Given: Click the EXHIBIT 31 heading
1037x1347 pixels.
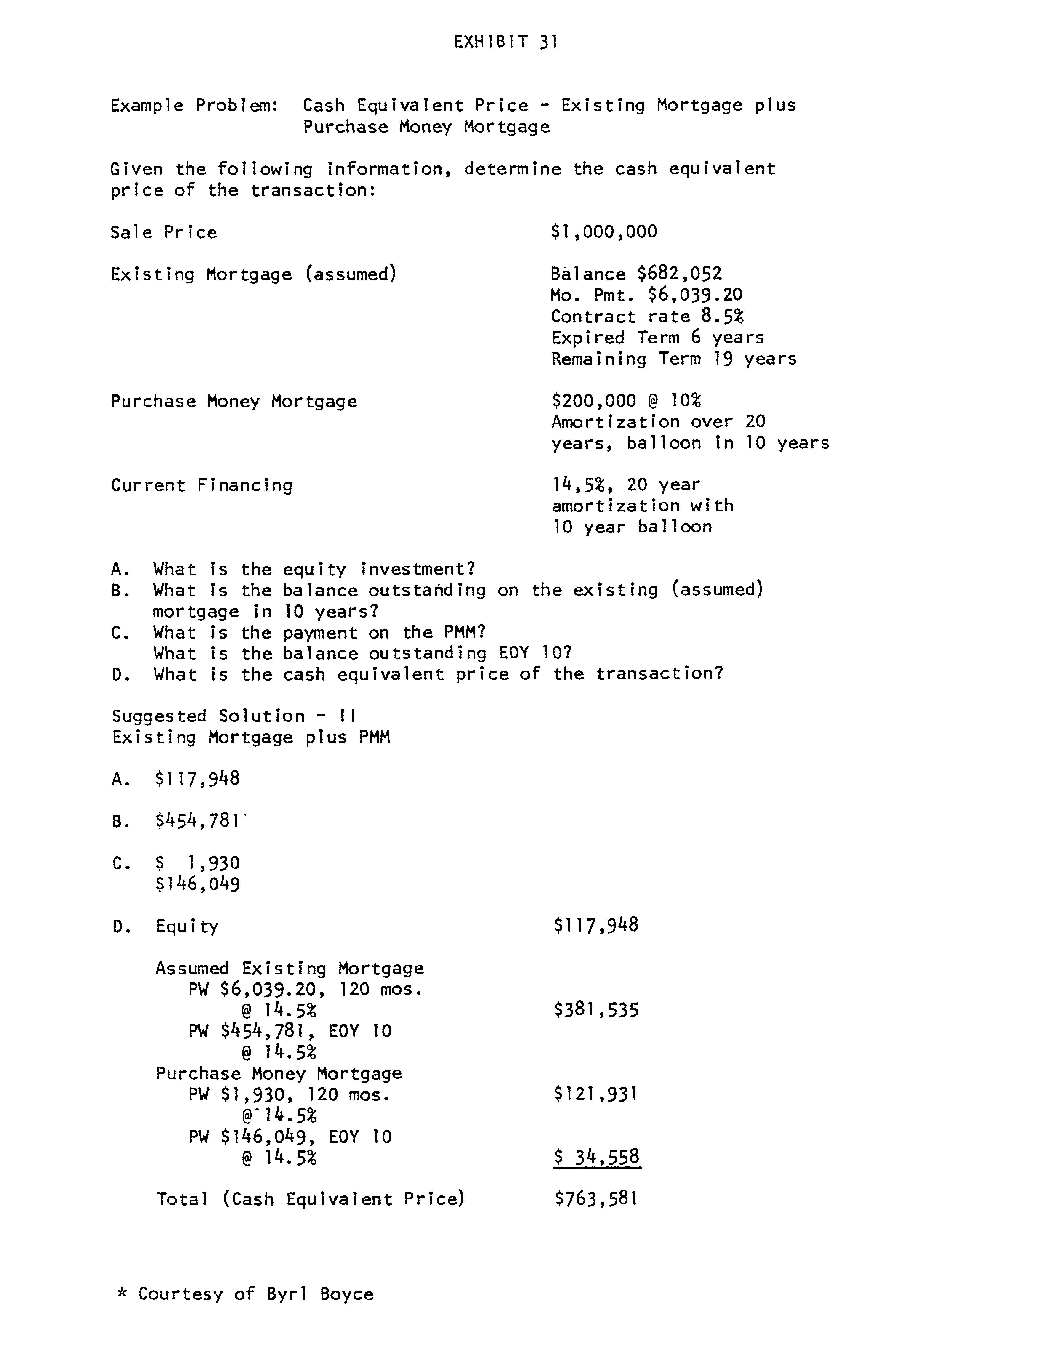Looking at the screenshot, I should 505,42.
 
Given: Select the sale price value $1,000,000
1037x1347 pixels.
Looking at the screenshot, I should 604,232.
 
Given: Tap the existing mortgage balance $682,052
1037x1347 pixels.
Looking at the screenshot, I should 679,273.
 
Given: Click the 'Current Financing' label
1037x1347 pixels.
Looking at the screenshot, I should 202,485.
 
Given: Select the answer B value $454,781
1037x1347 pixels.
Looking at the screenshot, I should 198,821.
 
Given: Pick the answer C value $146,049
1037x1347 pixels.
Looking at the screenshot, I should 198,885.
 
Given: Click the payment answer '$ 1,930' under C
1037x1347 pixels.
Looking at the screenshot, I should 198,863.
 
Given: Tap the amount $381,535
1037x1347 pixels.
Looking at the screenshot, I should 596,1010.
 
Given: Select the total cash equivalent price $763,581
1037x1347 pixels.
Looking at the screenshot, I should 596,1199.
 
